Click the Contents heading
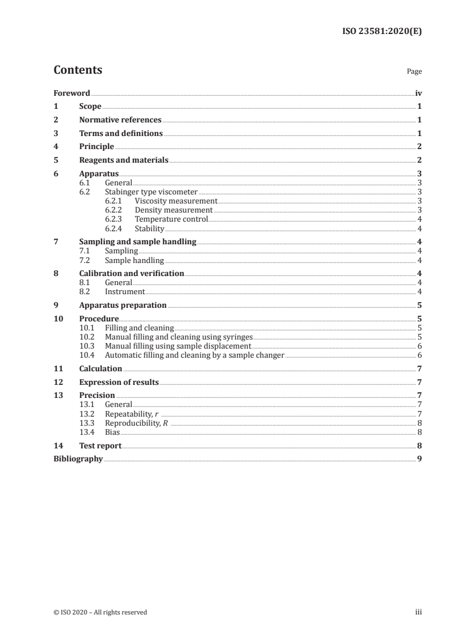click(x=78, y=70)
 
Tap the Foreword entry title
click(x=72, y=93)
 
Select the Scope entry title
click(x=90, y=107)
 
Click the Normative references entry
click(x=120, y=120)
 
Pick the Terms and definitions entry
click(x=121, y=134)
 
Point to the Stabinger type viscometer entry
click(x=151, y=192)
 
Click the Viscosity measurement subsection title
click(x=176, y=201)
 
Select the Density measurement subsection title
click(x=173, y=210)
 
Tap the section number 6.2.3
click(x=115, y=219)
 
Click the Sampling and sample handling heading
click(x=138, y=242)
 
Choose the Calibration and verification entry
click(x=132, y=273)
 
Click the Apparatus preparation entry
click(x=123, y=305)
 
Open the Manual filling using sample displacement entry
click(x=178, y=346)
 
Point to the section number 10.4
click(x=87, y=355)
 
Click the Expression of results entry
click(x=119, y=382)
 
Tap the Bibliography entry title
click(x=78, y=459)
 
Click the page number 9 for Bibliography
click(x=419, y=459)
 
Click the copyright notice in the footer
click(x=100, y=612)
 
